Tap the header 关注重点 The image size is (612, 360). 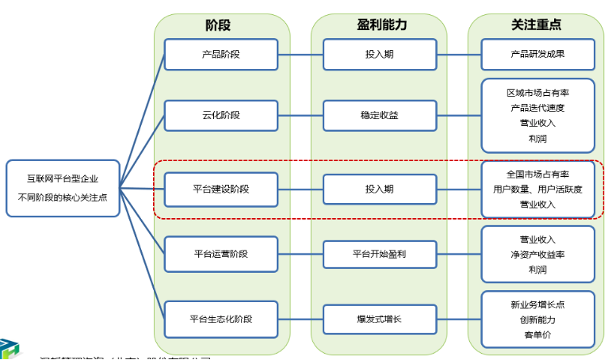point(537,25)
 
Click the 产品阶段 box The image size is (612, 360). point(221,55)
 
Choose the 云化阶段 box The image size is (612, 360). point(221,116)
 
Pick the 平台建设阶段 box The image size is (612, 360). point(221,189)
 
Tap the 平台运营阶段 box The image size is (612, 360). point(221,254)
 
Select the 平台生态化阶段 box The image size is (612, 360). point(221,319)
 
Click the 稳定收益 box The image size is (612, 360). point(379,116)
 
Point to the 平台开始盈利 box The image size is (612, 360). point(379,254)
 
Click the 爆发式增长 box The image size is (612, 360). point(379,319)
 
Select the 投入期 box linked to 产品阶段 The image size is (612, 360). point(379,55)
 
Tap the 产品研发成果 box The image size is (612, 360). point(537,55)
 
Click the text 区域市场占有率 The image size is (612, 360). point(537,92)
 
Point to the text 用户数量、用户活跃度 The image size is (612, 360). point(537,189)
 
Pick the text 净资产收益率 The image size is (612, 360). point(537,255)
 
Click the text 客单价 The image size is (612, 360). point(537,335)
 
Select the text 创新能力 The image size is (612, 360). point(537,320)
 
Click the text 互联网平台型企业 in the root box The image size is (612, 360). point(63,179)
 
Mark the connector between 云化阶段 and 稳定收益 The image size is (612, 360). point(300,116)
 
